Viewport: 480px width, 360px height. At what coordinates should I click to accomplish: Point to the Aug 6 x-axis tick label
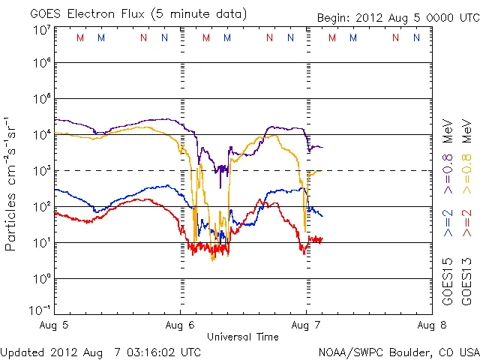[180, 325]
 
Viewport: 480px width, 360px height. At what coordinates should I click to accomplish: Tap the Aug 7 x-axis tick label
[306, 325]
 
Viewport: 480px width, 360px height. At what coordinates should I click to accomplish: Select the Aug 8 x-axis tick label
[431, 325]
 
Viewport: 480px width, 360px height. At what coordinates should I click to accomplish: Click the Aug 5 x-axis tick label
[55, 325]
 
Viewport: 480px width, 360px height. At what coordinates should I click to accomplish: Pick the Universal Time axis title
[243, 337]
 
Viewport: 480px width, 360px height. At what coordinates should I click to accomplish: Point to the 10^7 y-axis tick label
[40, 29]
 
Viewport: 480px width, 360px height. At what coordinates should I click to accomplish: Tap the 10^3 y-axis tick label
[40, 171]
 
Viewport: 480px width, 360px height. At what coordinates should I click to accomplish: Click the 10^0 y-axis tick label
[40, 279]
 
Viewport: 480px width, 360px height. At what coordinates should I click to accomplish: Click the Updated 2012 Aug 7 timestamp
[100, 351]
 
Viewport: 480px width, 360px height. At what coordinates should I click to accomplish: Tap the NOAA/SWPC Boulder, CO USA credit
[397, 351]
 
